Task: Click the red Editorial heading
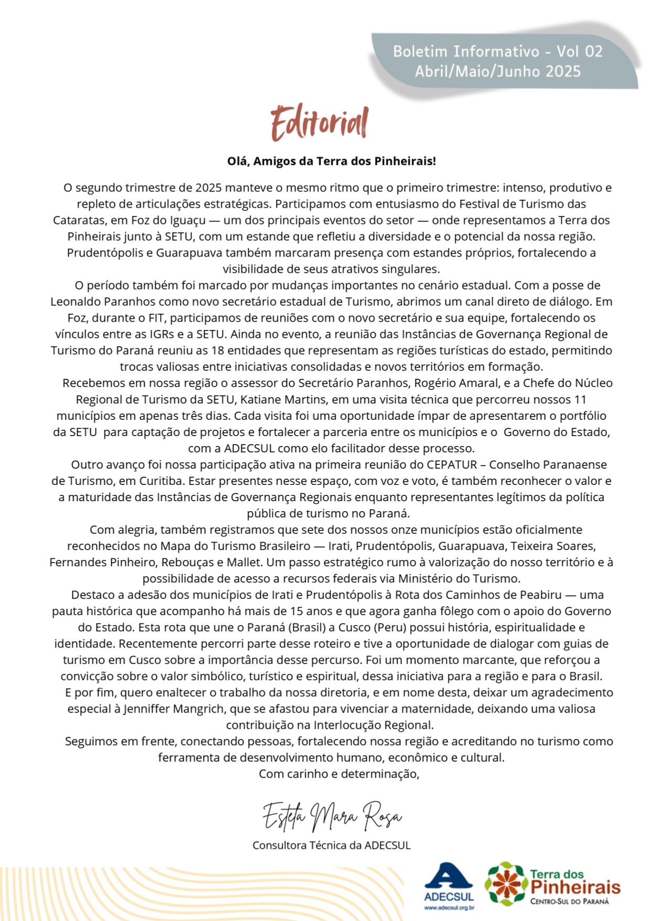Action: (x=319, y=123)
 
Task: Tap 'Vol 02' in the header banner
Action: (x=579, y=51)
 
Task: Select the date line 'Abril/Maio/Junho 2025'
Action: (x=498, y=71)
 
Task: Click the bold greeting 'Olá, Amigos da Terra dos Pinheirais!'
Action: (x=332, y=161)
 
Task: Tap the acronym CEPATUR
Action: (x=452, y=464)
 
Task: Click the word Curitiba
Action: (x=161, y=481)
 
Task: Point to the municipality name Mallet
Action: (x=243, y=562)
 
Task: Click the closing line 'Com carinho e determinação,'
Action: (x=339, y=774)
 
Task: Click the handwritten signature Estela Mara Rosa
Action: (x=332, y=816)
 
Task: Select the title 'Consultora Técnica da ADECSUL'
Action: (x=332, y=845)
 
